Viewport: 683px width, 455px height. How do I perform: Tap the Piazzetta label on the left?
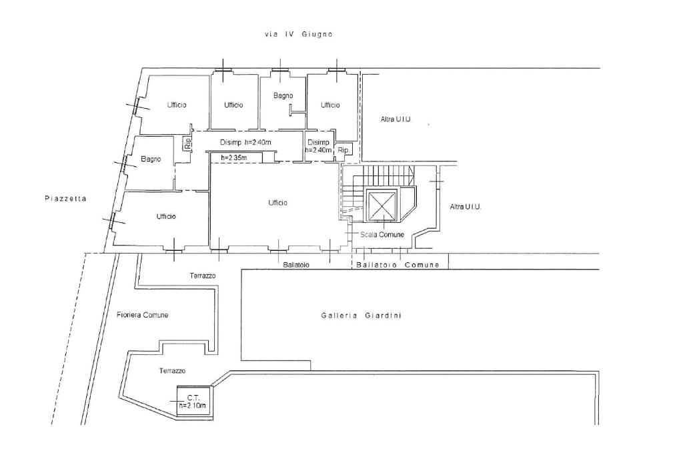pyautogui.click(x=66, y=198)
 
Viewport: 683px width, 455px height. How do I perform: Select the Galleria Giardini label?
pyautogui.click(x=361, y=316)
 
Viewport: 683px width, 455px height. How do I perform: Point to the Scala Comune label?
pyautogui.click(x=382, y=235)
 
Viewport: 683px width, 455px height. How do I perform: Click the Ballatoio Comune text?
pyautogui.click(x=398, y=265)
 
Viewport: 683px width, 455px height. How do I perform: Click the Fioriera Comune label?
pyautogui.click(x=142, y=315)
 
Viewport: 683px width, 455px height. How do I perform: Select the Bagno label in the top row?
pyautogui.click(x=283, y=95)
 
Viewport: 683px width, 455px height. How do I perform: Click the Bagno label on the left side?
pyautogui.click(x=151, y=159)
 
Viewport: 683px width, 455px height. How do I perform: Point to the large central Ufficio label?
pyautogui.click(x=277, y=203)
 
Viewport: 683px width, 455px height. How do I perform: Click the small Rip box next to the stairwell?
pyautogui.click(x=343, y=150)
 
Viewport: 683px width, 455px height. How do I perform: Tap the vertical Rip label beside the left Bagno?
pyautogui.click(x=188, y=143)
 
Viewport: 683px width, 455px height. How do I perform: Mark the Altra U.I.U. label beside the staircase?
pyautogui.click(x=466, y=207)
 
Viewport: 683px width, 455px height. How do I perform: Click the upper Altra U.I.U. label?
pyautogui.click(x=396, y=119)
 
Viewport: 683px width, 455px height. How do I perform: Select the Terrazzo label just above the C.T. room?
pyautogui.click(x=172, y=370)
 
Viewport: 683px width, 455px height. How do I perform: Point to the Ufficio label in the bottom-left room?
pyautogui.click(x=166, y=216)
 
